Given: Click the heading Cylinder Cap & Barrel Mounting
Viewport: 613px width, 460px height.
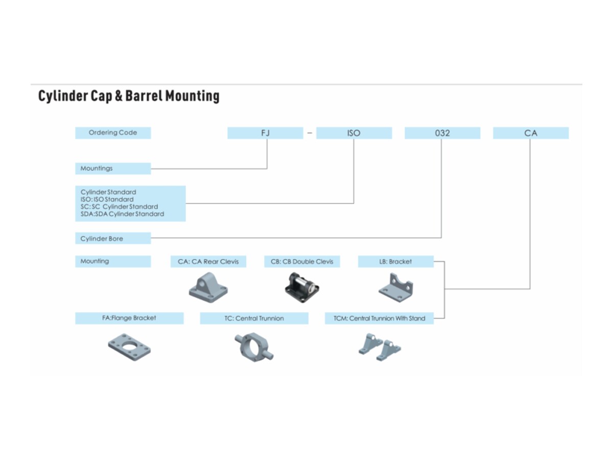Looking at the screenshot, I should [129, 96].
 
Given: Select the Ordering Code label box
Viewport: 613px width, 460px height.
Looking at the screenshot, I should [113, 133].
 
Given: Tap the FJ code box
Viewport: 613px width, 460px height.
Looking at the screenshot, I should [265, 133].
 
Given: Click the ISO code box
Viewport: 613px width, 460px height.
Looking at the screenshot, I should [353, 133].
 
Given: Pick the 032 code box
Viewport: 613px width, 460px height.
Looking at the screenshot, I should [442, 133].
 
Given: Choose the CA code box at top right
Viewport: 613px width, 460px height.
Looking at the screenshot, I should [531, 133].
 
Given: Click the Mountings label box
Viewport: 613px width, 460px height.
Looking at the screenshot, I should [113, 168].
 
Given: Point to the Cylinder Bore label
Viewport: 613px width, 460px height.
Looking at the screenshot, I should [113, 238].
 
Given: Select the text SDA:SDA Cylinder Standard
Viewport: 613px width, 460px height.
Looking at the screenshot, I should [122, 214].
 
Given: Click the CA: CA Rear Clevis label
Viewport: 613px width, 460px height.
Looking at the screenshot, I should [208, 261].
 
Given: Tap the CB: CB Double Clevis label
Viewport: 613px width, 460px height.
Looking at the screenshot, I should [302, 261].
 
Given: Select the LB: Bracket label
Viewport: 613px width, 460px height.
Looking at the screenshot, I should [395, 261].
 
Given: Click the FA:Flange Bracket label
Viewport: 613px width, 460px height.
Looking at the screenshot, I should [129, 318].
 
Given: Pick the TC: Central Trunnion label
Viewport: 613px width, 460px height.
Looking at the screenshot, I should [254, 318].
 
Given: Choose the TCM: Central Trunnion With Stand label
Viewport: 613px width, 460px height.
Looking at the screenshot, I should [379, 318].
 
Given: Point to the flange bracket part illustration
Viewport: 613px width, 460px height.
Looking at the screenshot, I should [129, 347].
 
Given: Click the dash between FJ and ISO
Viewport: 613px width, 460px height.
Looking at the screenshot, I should [310, 133].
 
